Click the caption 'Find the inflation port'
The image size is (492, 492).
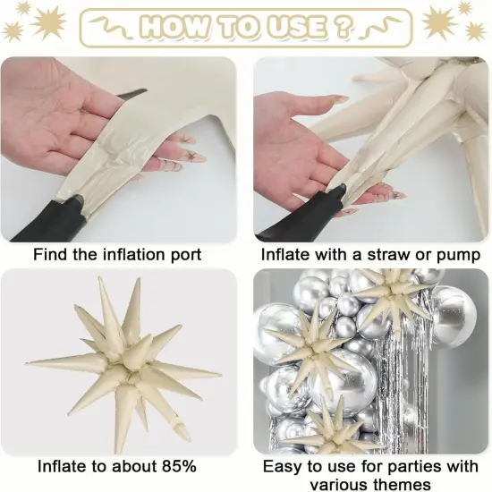(x=117, y=255)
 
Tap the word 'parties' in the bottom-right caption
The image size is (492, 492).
(x=406, y=466)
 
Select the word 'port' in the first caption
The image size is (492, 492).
(x=184, y=255)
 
